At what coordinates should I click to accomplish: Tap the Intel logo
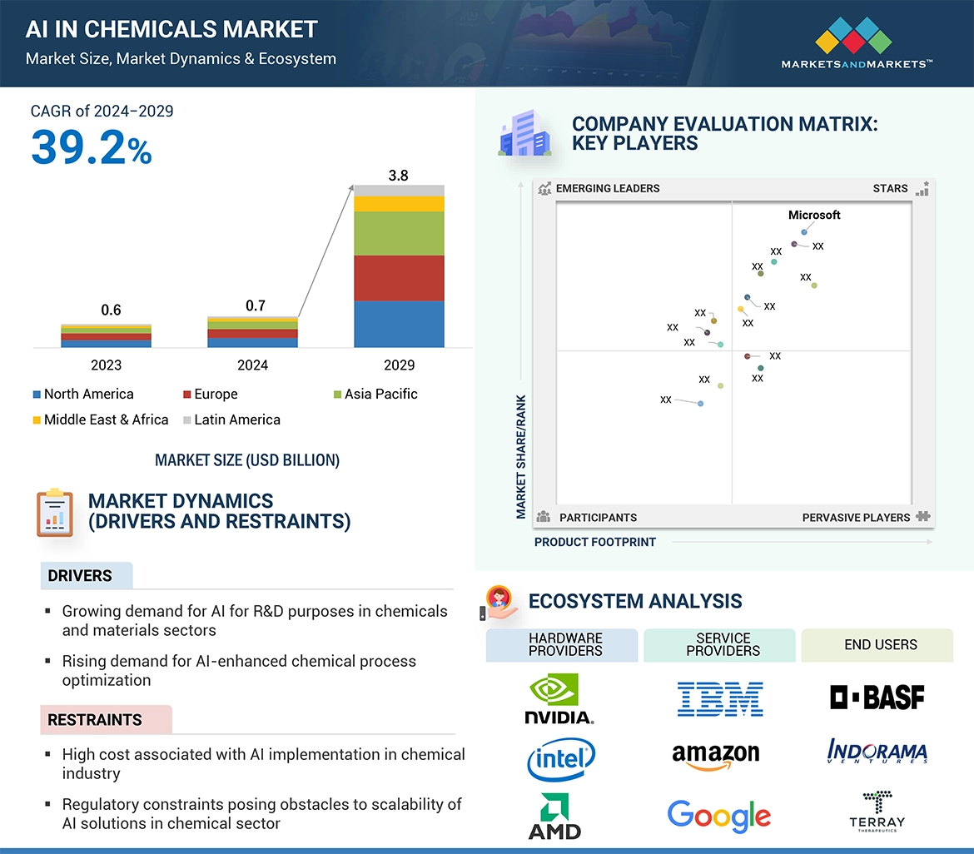(561, 758)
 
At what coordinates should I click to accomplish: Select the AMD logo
(554, 817)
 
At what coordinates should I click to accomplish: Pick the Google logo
(719, 817)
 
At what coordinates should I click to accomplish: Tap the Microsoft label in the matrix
(814, 215)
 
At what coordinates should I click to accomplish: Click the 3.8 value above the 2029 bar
(399, 176)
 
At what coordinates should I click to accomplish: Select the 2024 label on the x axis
(252, 365)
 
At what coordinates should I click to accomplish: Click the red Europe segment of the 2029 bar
(399, 278)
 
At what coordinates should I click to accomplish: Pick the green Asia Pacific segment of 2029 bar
(399, 233)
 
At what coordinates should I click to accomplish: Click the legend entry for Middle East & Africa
(101, 420)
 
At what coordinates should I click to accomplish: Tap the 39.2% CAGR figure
(92, 148)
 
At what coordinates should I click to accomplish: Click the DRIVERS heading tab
(81, 576)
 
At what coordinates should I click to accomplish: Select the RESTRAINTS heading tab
(95, 720)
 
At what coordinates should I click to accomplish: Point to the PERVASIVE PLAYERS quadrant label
(856, 518)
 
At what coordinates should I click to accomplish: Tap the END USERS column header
(880, 645)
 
